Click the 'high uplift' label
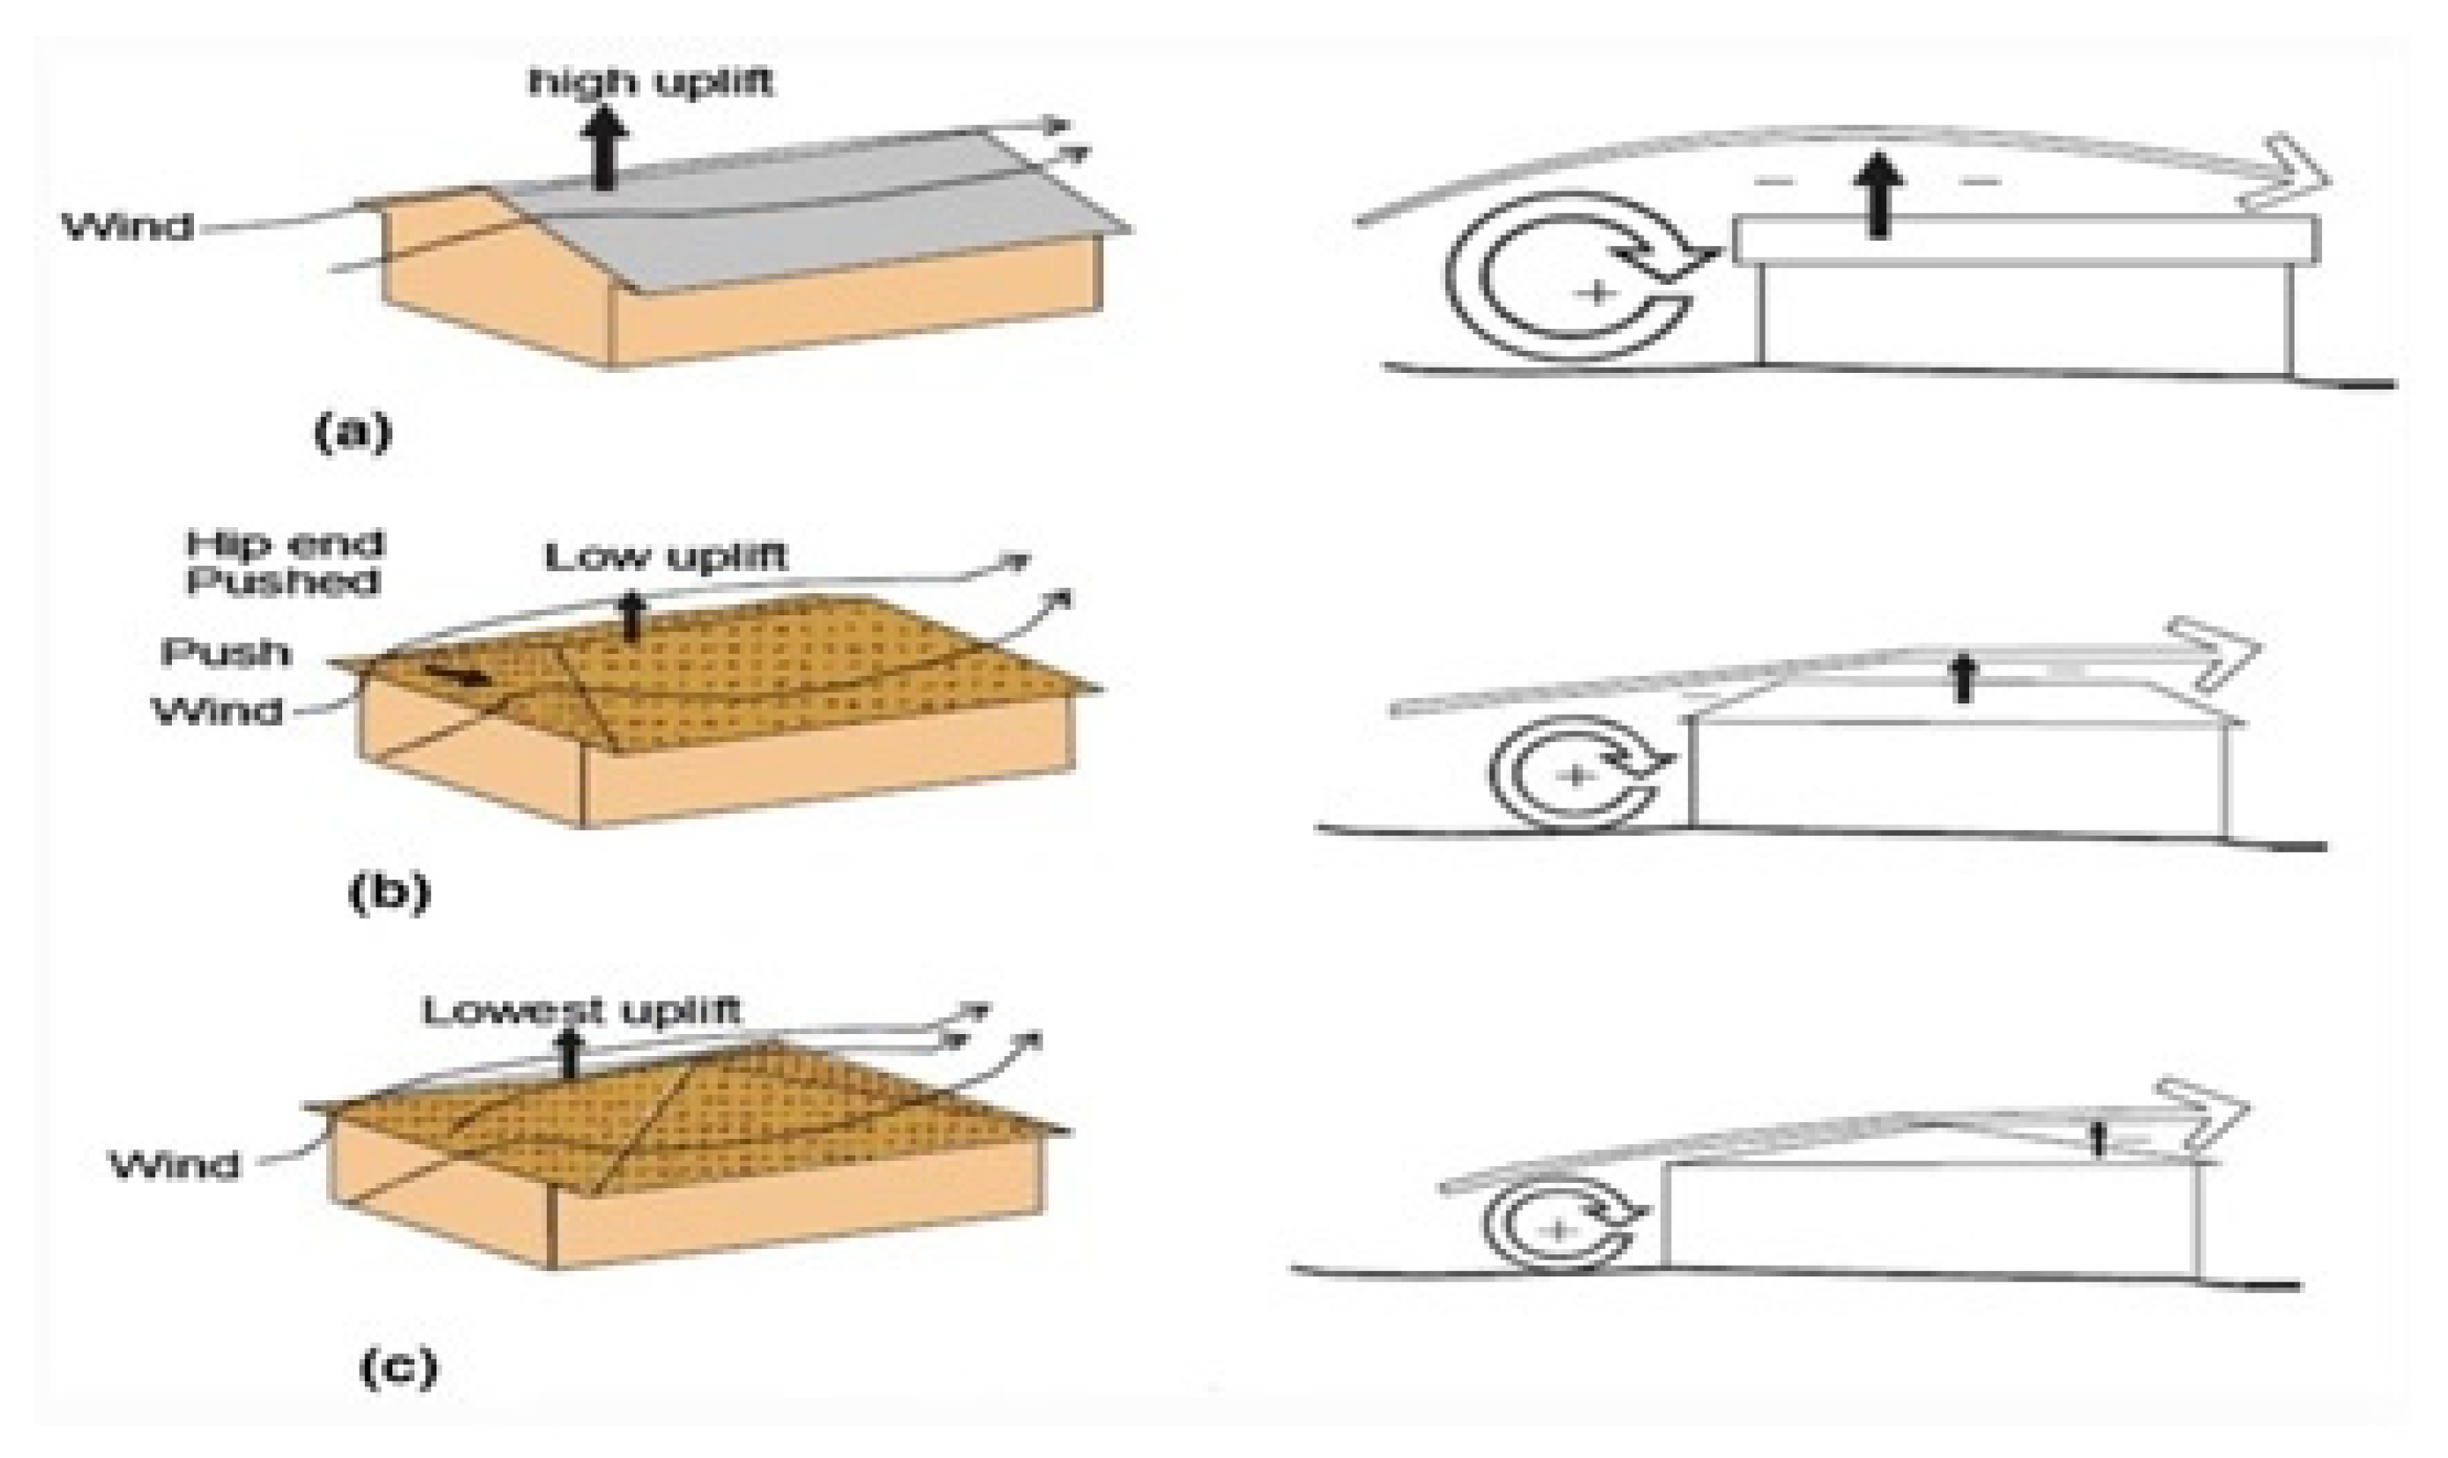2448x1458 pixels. (x=651, y=82)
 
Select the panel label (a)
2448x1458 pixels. (x=352, y=432)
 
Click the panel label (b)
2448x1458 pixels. (x=389, y=893)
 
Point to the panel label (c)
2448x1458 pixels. (x=397, y=1370)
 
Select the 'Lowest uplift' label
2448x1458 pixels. (x=581, y=1011)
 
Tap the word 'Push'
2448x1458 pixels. (x=226, y=652)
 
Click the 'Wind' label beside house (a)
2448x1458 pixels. (x=128, y=227)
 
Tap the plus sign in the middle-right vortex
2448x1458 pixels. (x=1573, y=776)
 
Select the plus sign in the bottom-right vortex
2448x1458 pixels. (x=1556, y=1229)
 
